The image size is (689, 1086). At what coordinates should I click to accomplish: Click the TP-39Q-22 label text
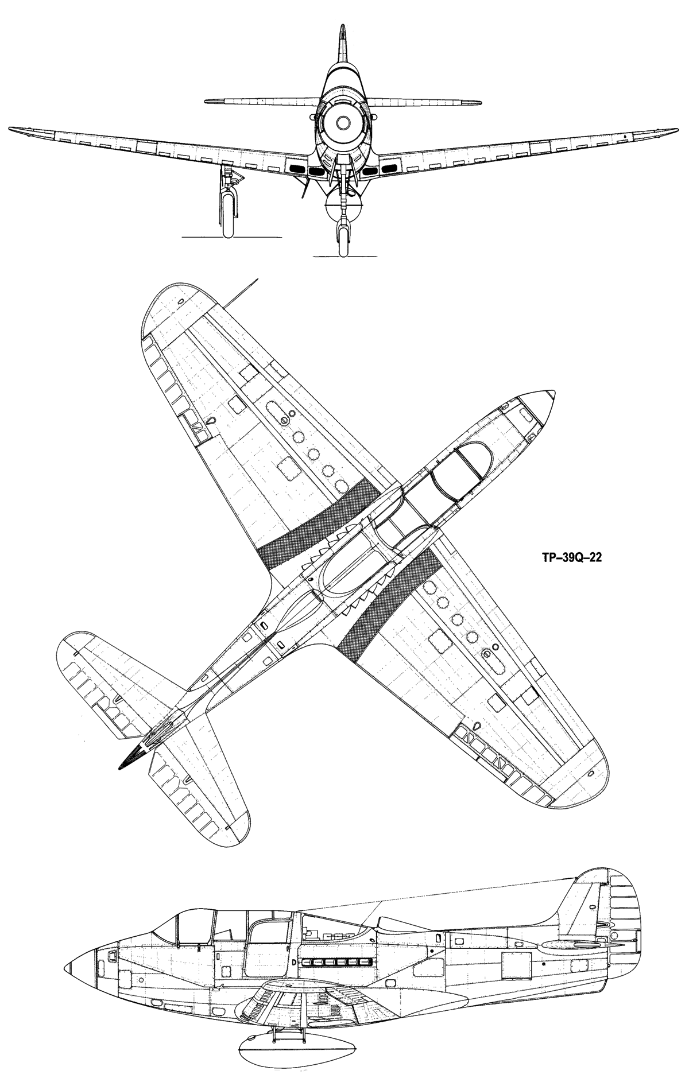[567, 557]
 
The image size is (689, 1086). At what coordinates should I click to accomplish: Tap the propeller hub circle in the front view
[343, 122]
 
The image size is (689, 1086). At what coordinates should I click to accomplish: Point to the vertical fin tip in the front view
[342, 28]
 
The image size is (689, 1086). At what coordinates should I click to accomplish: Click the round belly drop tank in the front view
[343, 206]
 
